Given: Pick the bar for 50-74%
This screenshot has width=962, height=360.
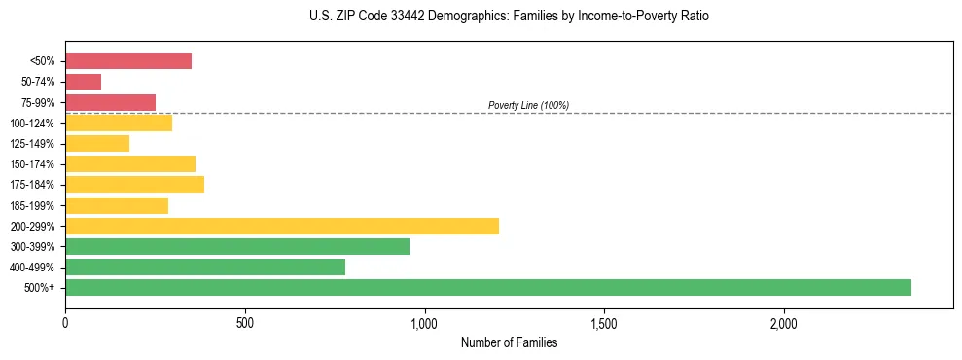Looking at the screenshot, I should click(x=84, y=82).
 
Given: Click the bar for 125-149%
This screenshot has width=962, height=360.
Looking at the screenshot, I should click(x=97, y=144).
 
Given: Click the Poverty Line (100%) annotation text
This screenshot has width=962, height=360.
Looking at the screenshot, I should click(x=528, y=105).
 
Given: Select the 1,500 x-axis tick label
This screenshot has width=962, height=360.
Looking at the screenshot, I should click(x=604, y=323).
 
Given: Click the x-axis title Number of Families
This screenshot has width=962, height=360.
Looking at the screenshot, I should click(x=509, y=342).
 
